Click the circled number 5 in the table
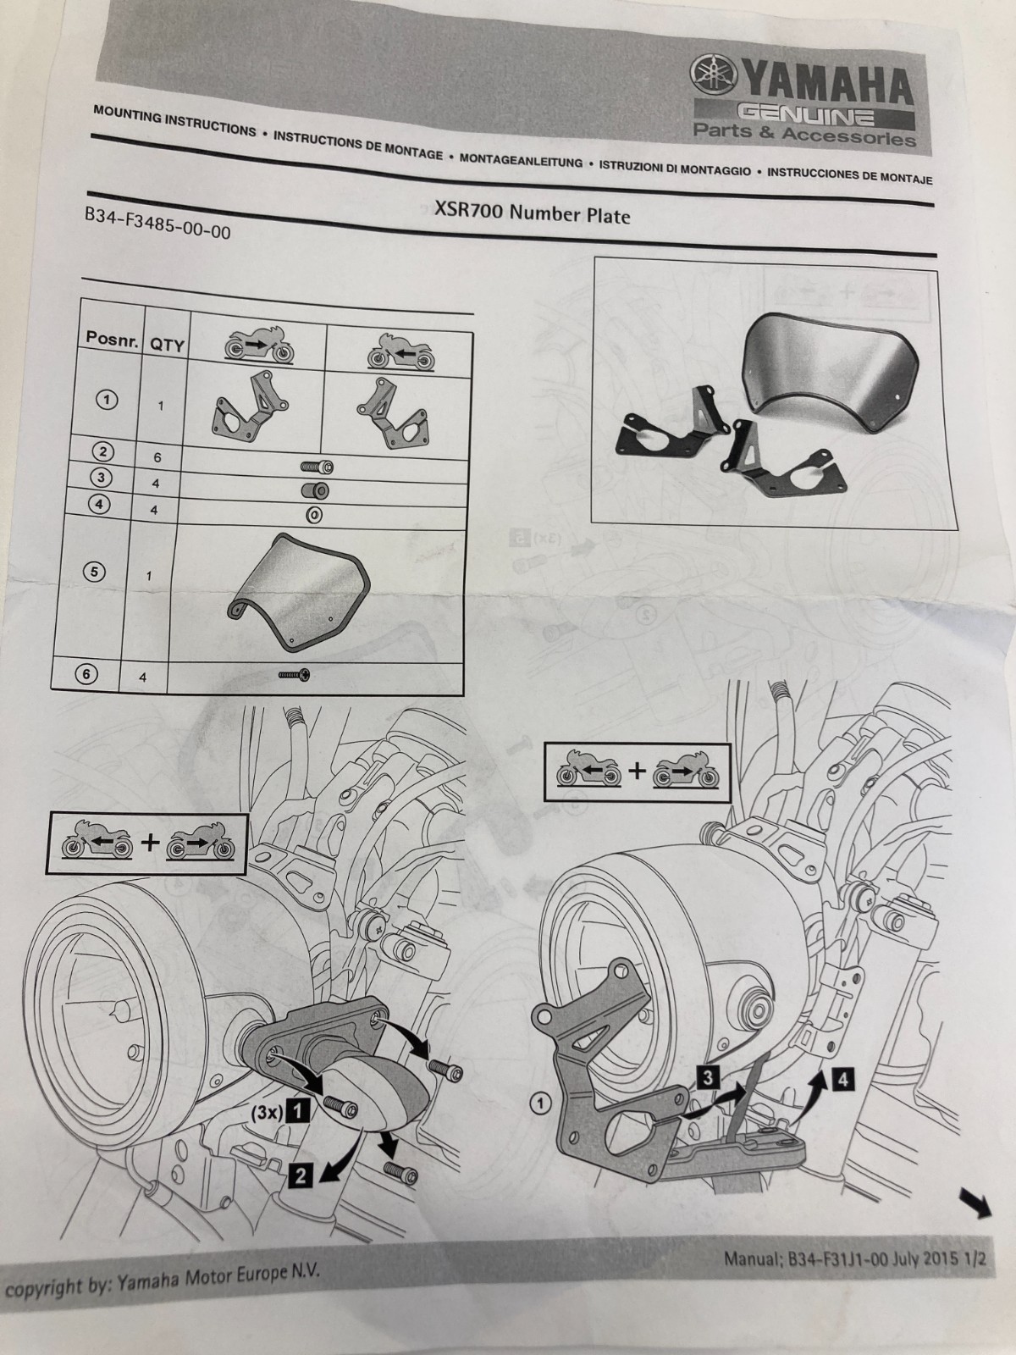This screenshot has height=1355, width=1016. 97,572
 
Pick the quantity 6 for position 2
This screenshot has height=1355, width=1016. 156,457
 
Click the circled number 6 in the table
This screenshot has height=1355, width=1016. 88,674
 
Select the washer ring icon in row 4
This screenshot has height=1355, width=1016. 314,514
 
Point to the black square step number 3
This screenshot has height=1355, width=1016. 709,1077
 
